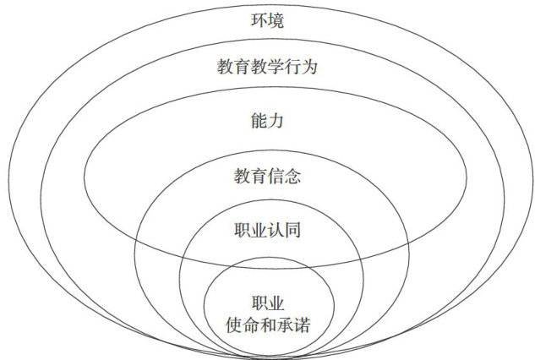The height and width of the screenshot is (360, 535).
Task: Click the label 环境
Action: point(266,18)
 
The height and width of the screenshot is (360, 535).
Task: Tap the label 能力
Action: point(266,121)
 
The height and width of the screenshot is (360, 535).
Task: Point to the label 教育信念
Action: point(266,177)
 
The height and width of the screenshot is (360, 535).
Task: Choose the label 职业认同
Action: point(266,230)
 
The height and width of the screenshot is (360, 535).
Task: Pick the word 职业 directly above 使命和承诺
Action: point(266,303)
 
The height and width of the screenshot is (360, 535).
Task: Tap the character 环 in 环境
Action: point(259,18)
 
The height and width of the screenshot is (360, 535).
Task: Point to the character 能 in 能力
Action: point(259,121)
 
